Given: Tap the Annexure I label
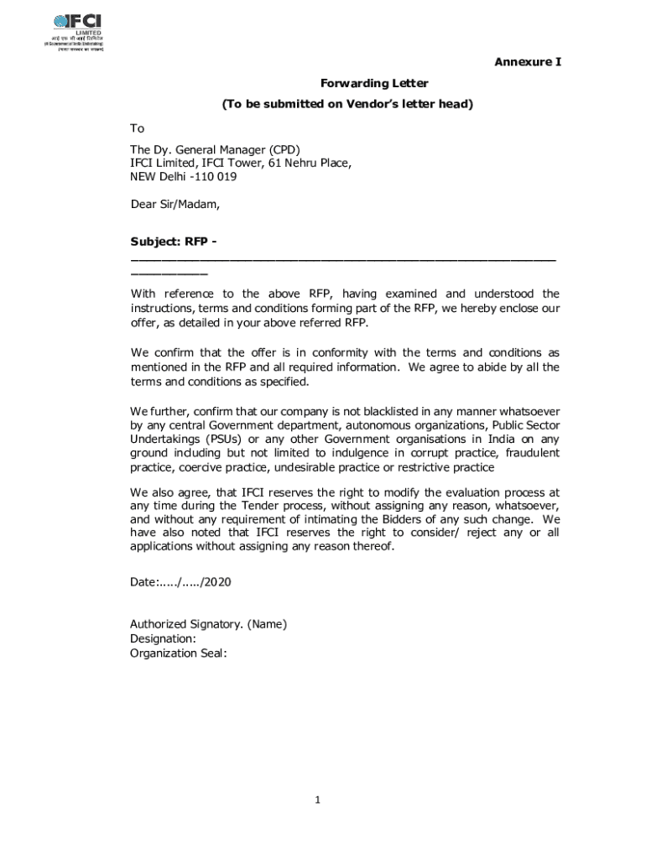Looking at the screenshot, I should click(527, 62).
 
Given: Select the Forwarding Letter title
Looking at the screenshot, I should click(374, 83).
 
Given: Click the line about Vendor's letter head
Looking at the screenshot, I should click(347, 105).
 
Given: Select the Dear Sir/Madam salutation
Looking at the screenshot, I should click(175, 204).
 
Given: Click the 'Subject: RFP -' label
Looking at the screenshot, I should click(174, 242).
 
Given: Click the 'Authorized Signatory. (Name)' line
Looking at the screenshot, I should click(208, 624).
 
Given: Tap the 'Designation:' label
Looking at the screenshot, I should click(163, 638).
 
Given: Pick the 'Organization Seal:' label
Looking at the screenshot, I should click(178, 653).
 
